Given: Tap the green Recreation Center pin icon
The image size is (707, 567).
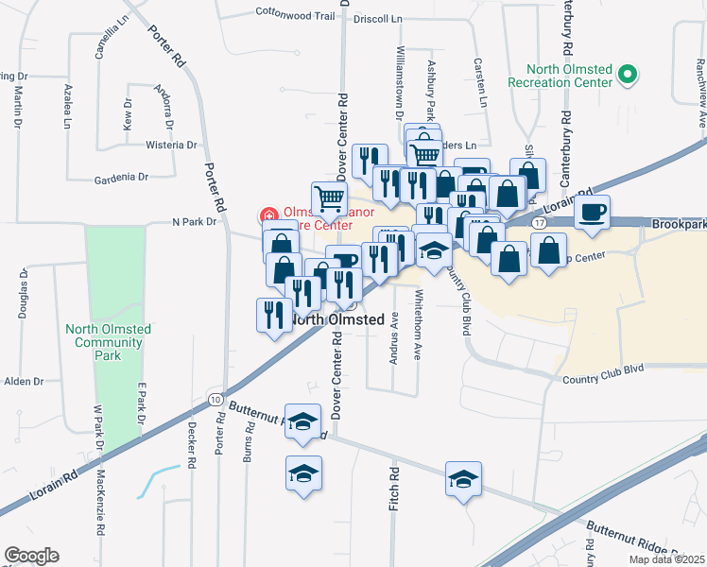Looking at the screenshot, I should [x=626, y=74].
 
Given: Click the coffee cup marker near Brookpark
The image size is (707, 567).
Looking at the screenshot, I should [x=593, y=214].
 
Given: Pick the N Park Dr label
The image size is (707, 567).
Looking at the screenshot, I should [x=195, y=222].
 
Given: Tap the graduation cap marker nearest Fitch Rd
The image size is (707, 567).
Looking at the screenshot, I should [x=463, y=480].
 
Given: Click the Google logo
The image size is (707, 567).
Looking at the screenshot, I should [x=31, y=556].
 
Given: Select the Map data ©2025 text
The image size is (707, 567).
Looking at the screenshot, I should [x=665, y=559].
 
